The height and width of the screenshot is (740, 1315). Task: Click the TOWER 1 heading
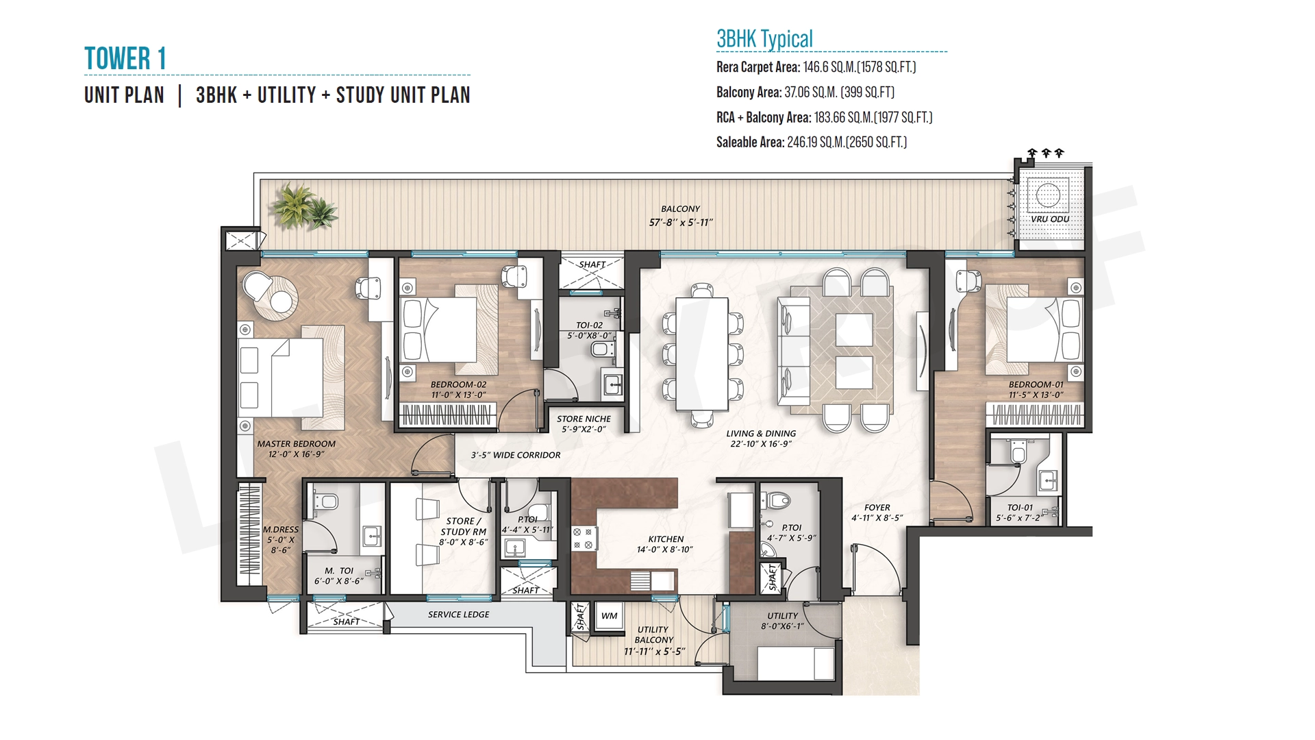click(125, 58)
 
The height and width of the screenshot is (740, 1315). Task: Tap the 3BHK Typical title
click(764, 39)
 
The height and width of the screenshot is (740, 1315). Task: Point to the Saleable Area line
click(812, 143)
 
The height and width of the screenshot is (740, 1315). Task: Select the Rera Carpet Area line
click(816, 67)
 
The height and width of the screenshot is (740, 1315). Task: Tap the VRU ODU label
click(1050, 219)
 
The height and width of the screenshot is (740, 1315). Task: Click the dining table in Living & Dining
click(702, 354)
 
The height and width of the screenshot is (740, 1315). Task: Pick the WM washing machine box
click(609, 616)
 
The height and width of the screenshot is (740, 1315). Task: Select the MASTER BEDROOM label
click(297, 444)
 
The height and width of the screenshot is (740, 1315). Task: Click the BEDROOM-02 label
click(458, 384)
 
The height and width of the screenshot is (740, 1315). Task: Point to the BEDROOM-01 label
click(1036, 384)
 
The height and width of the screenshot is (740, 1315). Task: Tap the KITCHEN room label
click(666, 539)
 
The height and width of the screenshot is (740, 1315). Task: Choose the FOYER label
click(877, 508)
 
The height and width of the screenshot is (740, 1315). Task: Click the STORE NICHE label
click(584, 419)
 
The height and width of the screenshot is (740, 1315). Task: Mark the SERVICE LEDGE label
click(458, 615)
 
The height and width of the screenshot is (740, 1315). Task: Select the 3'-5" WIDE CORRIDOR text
click(516, 455)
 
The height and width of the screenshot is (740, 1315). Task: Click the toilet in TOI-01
click(1018, 452)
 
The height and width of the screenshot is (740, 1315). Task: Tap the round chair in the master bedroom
click(258, 286)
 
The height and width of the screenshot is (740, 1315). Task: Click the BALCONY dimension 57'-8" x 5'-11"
click(681, 222)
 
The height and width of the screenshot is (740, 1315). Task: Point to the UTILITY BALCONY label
click(654, 634)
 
